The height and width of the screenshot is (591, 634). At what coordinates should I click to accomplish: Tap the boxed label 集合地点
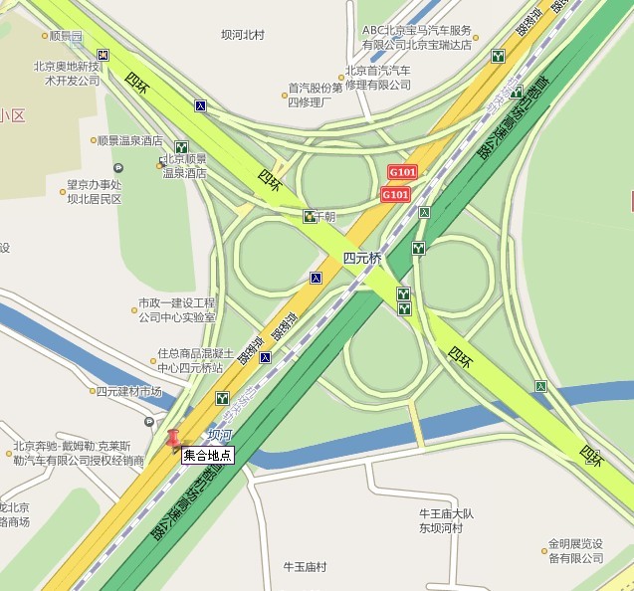tap(207, 456)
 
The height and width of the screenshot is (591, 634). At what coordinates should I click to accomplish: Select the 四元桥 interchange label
tap(362, 258)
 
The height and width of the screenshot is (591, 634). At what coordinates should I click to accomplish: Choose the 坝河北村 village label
tap(243, 35)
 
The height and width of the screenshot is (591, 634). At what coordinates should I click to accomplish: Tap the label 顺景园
tap(65, 36)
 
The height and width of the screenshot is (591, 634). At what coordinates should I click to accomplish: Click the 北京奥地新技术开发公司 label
tap(68, 74)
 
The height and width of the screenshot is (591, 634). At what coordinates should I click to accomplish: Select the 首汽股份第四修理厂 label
tap(315, 95)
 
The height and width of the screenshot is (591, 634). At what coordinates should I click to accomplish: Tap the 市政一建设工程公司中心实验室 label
tap(176, 309)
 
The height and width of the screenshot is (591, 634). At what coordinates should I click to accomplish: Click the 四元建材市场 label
tap(128, 392)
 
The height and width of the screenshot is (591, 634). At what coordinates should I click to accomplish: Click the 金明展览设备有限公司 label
tap(574, 551)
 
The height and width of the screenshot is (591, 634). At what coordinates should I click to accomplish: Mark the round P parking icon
tap(118, 168)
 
